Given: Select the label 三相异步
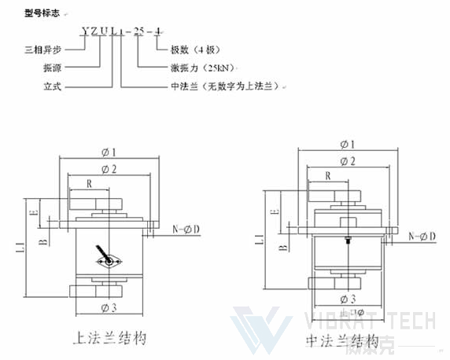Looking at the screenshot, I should tap(40, 50).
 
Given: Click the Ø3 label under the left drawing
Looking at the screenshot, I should tap(109, 306).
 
